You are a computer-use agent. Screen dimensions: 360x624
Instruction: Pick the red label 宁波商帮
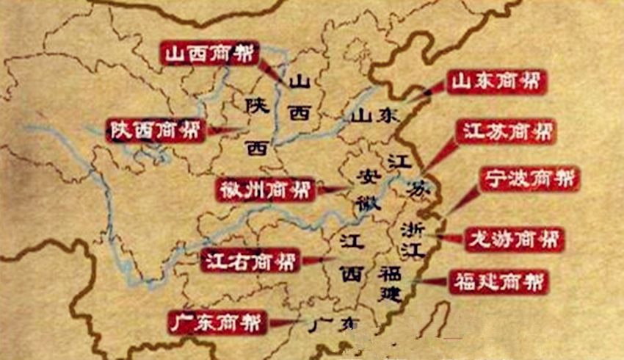point(529,179)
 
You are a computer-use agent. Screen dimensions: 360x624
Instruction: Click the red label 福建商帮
point(499,282)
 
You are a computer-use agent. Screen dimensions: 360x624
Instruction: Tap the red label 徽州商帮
point(266,189)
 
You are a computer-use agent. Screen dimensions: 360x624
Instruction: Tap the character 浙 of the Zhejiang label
point(412,228)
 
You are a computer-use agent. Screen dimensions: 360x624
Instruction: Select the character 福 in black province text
point(389,274)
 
